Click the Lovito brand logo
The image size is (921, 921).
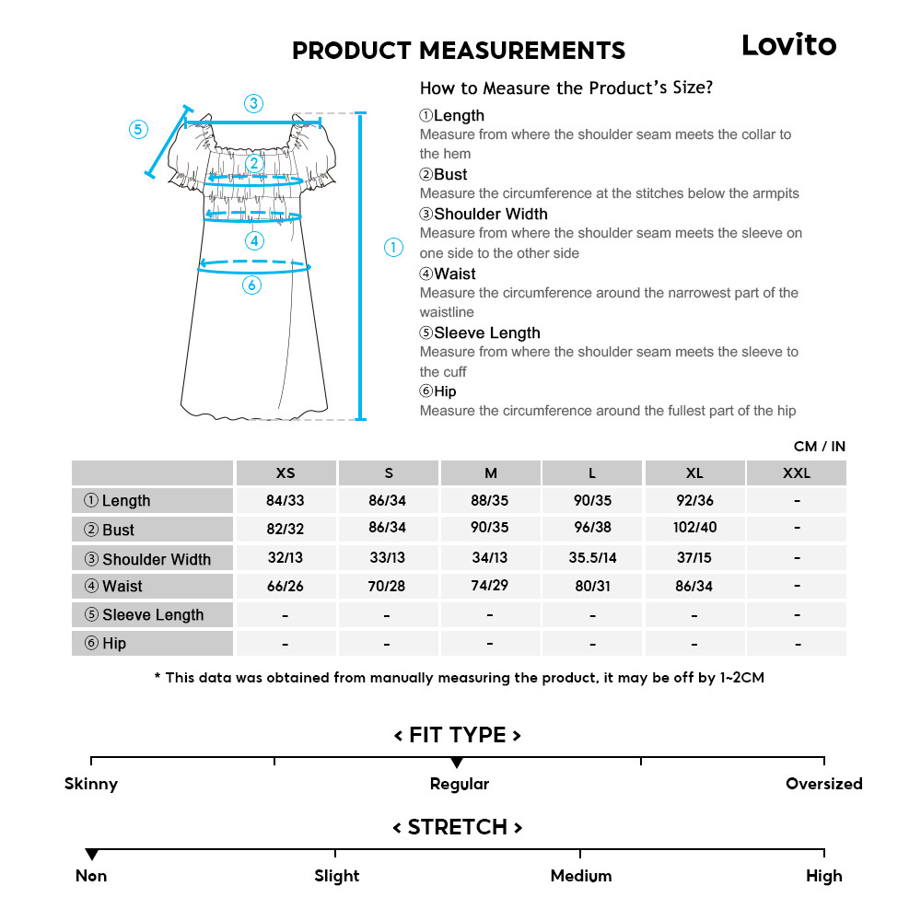pos(788,45)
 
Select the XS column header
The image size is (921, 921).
pos(286,473)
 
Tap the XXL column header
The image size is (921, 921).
pos(797,473)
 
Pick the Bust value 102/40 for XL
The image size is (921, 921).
pos(694,528)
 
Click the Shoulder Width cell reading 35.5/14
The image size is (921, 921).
pos(592,557)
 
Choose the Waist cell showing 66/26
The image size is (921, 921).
pos(286,586)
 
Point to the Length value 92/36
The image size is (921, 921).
pos(694,500)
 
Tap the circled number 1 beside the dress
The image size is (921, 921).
pos(393,247)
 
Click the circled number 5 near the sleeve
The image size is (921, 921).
pos(138,129)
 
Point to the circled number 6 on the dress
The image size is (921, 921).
pos(252,286)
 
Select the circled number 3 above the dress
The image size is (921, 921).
pos(253,103)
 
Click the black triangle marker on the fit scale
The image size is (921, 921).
pos(457,763)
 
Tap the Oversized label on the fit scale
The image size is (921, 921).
pos(823,784)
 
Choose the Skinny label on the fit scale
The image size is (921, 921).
pos(91,784)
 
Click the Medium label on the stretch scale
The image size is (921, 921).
pos(580,876)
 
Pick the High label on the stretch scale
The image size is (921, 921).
pos(823,876)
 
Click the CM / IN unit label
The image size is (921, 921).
pos(819,447)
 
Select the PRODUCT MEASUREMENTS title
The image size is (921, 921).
pos(459,51)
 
